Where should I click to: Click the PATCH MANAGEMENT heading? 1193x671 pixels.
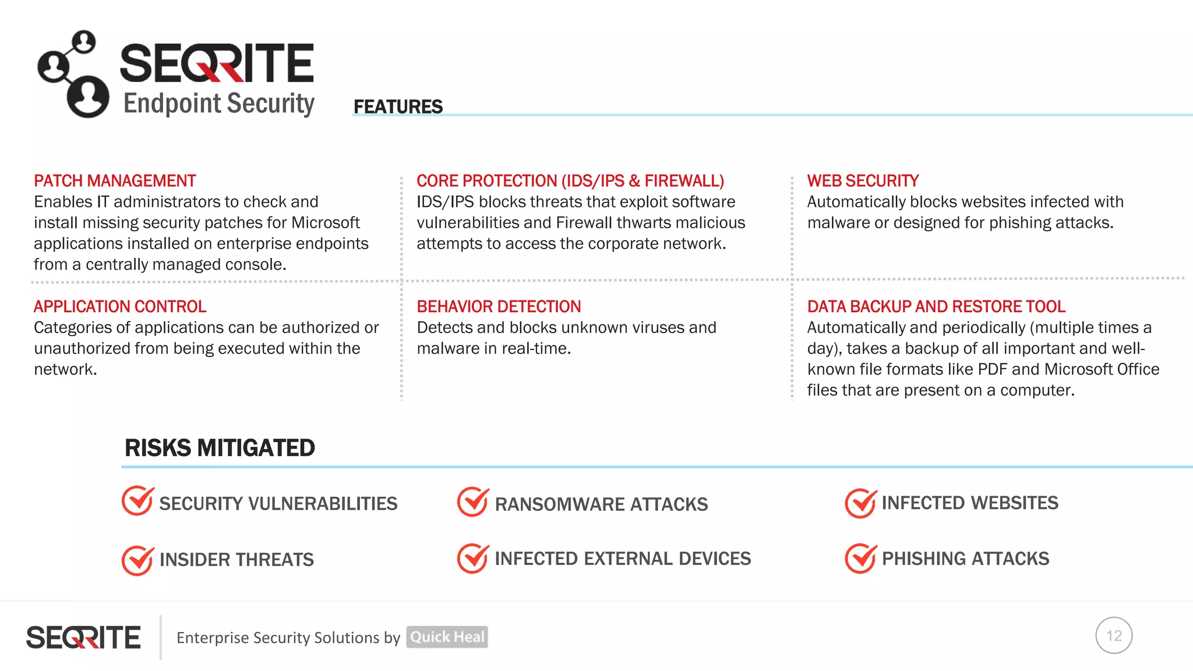coord(115,181)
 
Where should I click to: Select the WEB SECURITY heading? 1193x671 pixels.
coord(863,181)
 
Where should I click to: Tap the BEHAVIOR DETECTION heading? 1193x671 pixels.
coord(499,306)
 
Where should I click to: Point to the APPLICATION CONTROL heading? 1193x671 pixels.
coord(120,306)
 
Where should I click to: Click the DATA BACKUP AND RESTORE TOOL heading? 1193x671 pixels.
coord(936,306)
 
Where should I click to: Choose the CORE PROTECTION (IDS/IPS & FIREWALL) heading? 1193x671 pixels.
coord(570,181)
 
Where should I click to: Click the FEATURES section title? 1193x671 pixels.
coord(398,107)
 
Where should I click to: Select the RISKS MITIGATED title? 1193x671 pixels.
coord(220,448)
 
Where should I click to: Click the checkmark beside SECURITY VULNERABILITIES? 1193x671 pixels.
coord(137,501)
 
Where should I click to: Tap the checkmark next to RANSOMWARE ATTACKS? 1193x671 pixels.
coord(472,502)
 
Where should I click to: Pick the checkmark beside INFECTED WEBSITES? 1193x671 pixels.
coord(860,503)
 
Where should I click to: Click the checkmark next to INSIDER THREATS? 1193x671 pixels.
coord(137,560)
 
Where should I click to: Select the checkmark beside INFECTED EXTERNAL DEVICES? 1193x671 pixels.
coord(472,558)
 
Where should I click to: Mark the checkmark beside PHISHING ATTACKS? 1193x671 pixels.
coord(860,558)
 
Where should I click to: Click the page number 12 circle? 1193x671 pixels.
coord(1114,635)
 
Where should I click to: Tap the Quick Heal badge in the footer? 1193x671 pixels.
coord(447,637)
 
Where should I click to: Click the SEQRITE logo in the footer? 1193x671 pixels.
coord(83,637)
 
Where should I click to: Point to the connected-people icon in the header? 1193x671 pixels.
coord(73,74)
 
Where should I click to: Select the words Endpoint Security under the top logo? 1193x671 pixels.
coord(219,104)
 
